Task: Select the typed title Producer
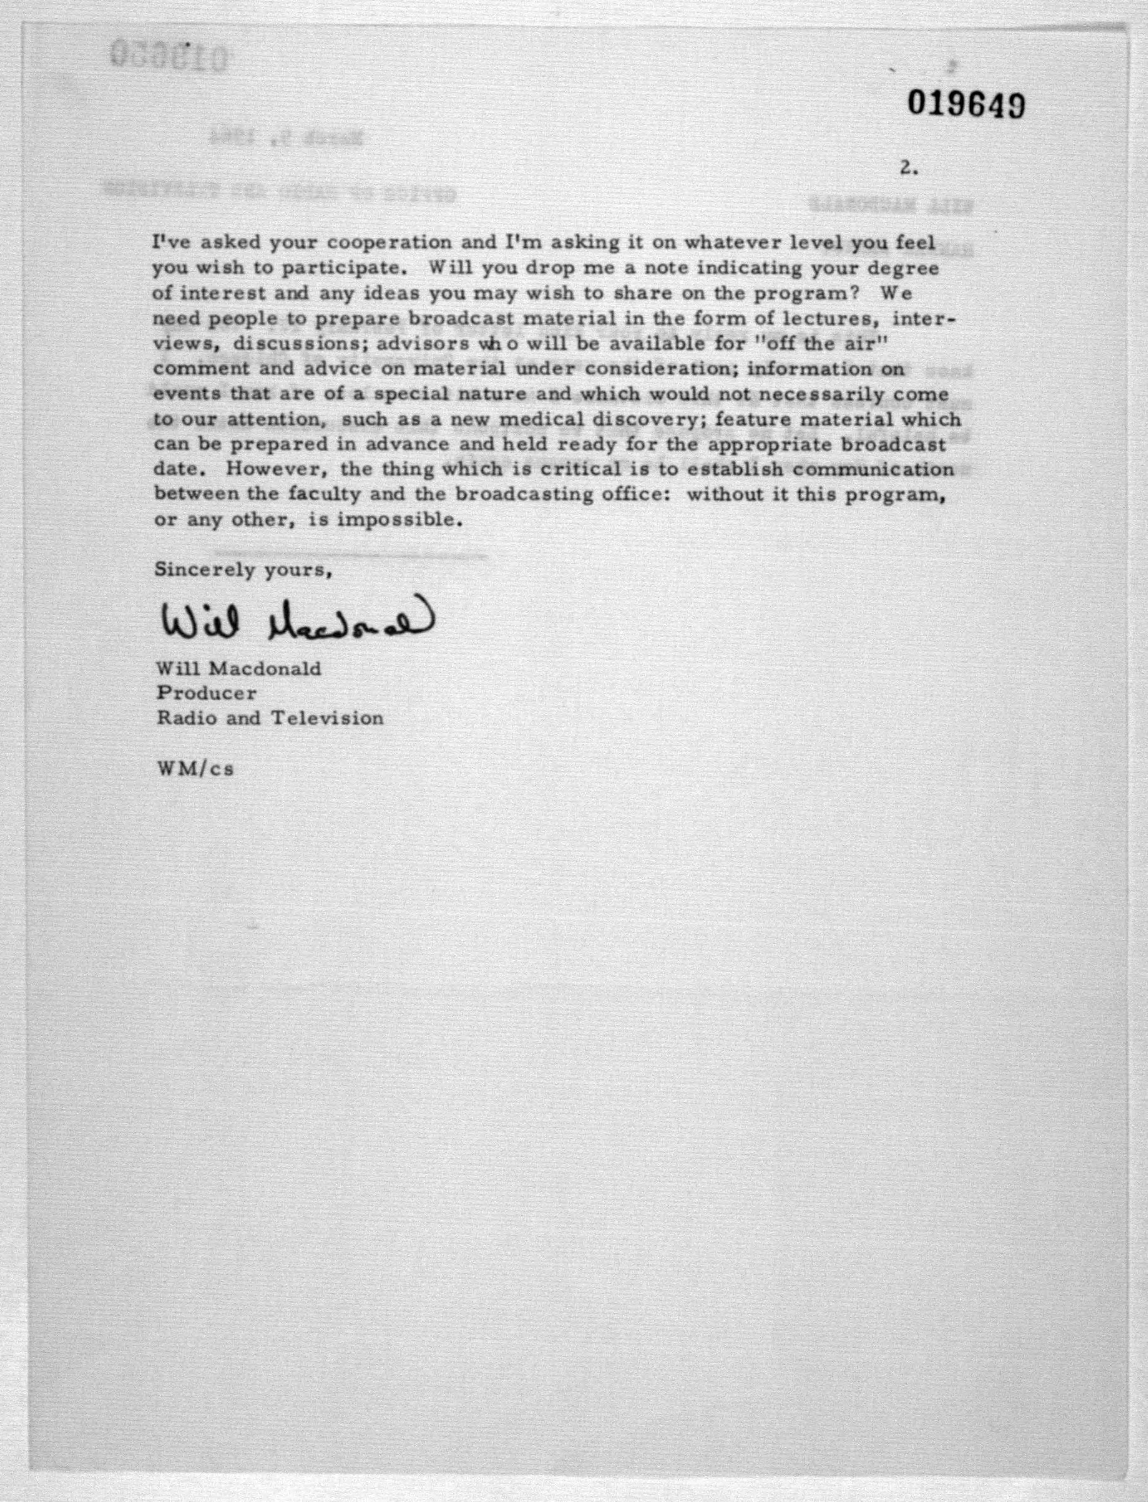(x=206, y=693)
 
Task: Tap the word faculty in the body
(x=323, y=494)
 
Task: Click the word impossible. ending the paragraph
(x=400, y=520)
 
